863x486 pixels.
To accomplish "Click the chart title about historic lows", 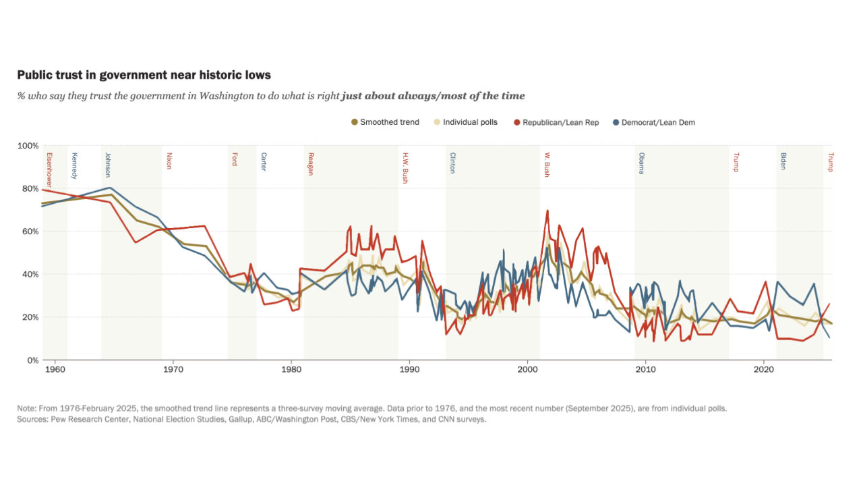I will (144, 74).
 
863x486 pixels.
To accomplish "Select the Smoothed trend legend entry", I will (385, 122).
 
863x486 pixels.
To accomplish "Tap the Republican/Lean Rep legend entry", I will (556, 122).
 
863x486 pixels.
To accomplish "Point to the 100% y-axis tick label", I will (28, 146).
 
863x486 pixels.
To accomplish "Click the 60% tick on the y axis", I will (30, 232).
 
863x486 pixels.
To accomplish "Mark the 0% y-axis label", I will (32, 360).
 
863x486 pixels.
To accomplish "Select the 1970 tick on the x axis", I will (173, 370).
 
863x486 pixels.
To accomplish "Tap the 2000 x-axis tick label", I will (527, 370).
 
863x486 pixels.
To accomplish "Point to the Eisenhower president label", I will (49, 171).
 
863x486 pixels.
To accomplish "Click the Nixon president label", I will (169, 161).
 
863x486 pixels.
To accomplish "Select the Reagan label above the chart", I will (311, 164).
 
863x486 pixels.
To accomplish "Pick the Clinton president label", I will (452, 163).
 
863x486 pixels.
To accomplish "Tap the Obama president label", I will (641, 163).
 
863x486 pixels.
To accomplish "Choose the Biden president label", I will (783, 161).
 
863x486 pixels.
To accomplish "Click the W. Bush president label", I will (547, 165).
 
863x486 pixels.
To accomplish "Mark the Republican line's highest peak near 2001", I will (547, 211).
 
